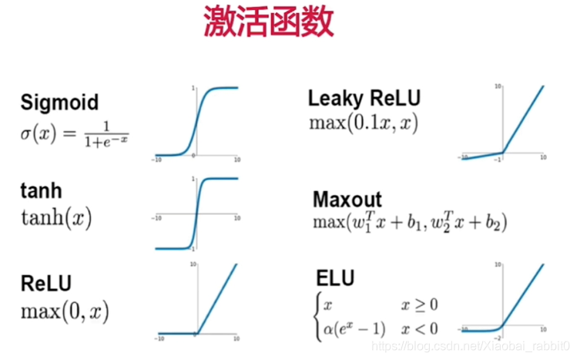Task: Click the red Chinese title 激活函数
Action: coord(269,22)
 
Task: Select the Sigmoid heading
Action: coord(59,103)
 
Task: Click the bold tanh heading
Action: coord(41,191)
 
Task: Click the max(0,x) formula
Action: coord(65,311)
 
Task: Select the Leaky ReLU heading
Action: coord(364,99)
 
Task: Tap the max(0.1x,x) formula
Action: coord(363,123)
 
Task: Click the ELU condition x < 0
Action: coord(419,329)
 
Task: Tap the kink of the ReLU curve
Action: coord(196,333)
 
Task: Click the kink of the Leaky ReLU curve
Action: coord(502,152)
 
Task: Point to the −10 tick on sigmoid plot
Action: coord(157,160)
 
